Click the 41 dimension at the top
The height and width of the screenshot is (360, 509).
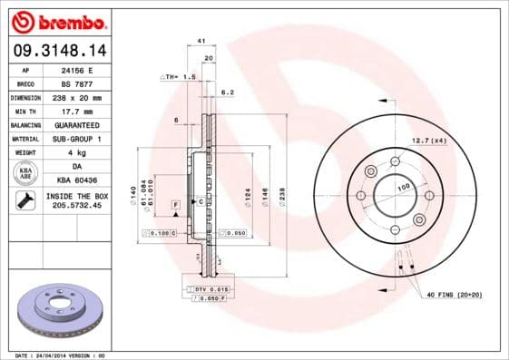click(x=201, y=41)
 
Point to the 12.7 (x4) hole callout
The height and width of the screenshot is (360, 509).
click(x=429, y=140)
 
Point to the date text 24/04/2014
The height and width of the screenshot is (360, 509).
click(x=61, y=355)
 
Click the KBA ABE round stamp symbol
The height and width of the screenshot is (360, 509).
click(x=27, y=172)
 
